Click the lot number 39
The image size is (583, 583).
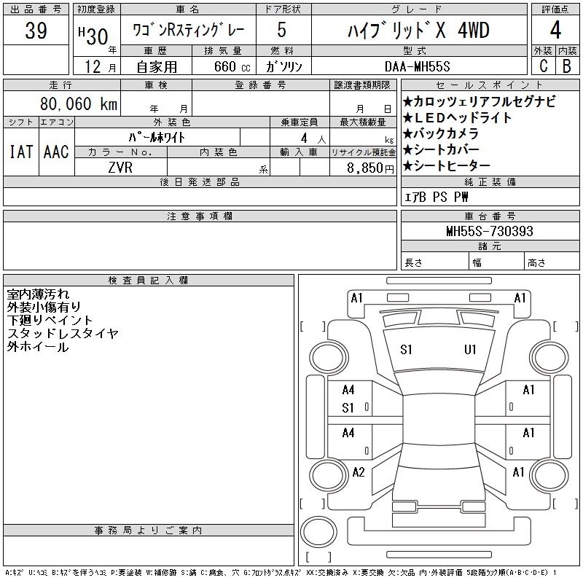36,31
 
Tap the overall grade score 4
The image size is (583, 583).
555,31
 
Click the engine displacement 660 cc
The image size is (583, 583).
222,66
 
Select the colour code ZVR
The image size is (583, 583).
121,167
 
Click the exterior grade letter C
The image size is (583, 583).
543,66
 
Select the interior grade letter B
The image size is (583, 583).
567,66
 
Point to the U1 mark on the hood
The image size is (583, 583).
470,350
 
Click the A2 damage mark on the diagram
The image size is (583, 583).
358,472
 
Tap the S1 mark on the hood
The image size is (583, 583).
407,350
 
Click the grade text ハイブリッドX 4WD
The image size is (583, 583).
418,31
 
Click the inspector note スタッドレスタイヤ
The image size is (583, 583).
63,334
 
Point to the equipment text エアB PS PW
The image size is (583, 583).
437,197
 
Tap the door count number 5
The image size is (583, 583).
281,31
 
